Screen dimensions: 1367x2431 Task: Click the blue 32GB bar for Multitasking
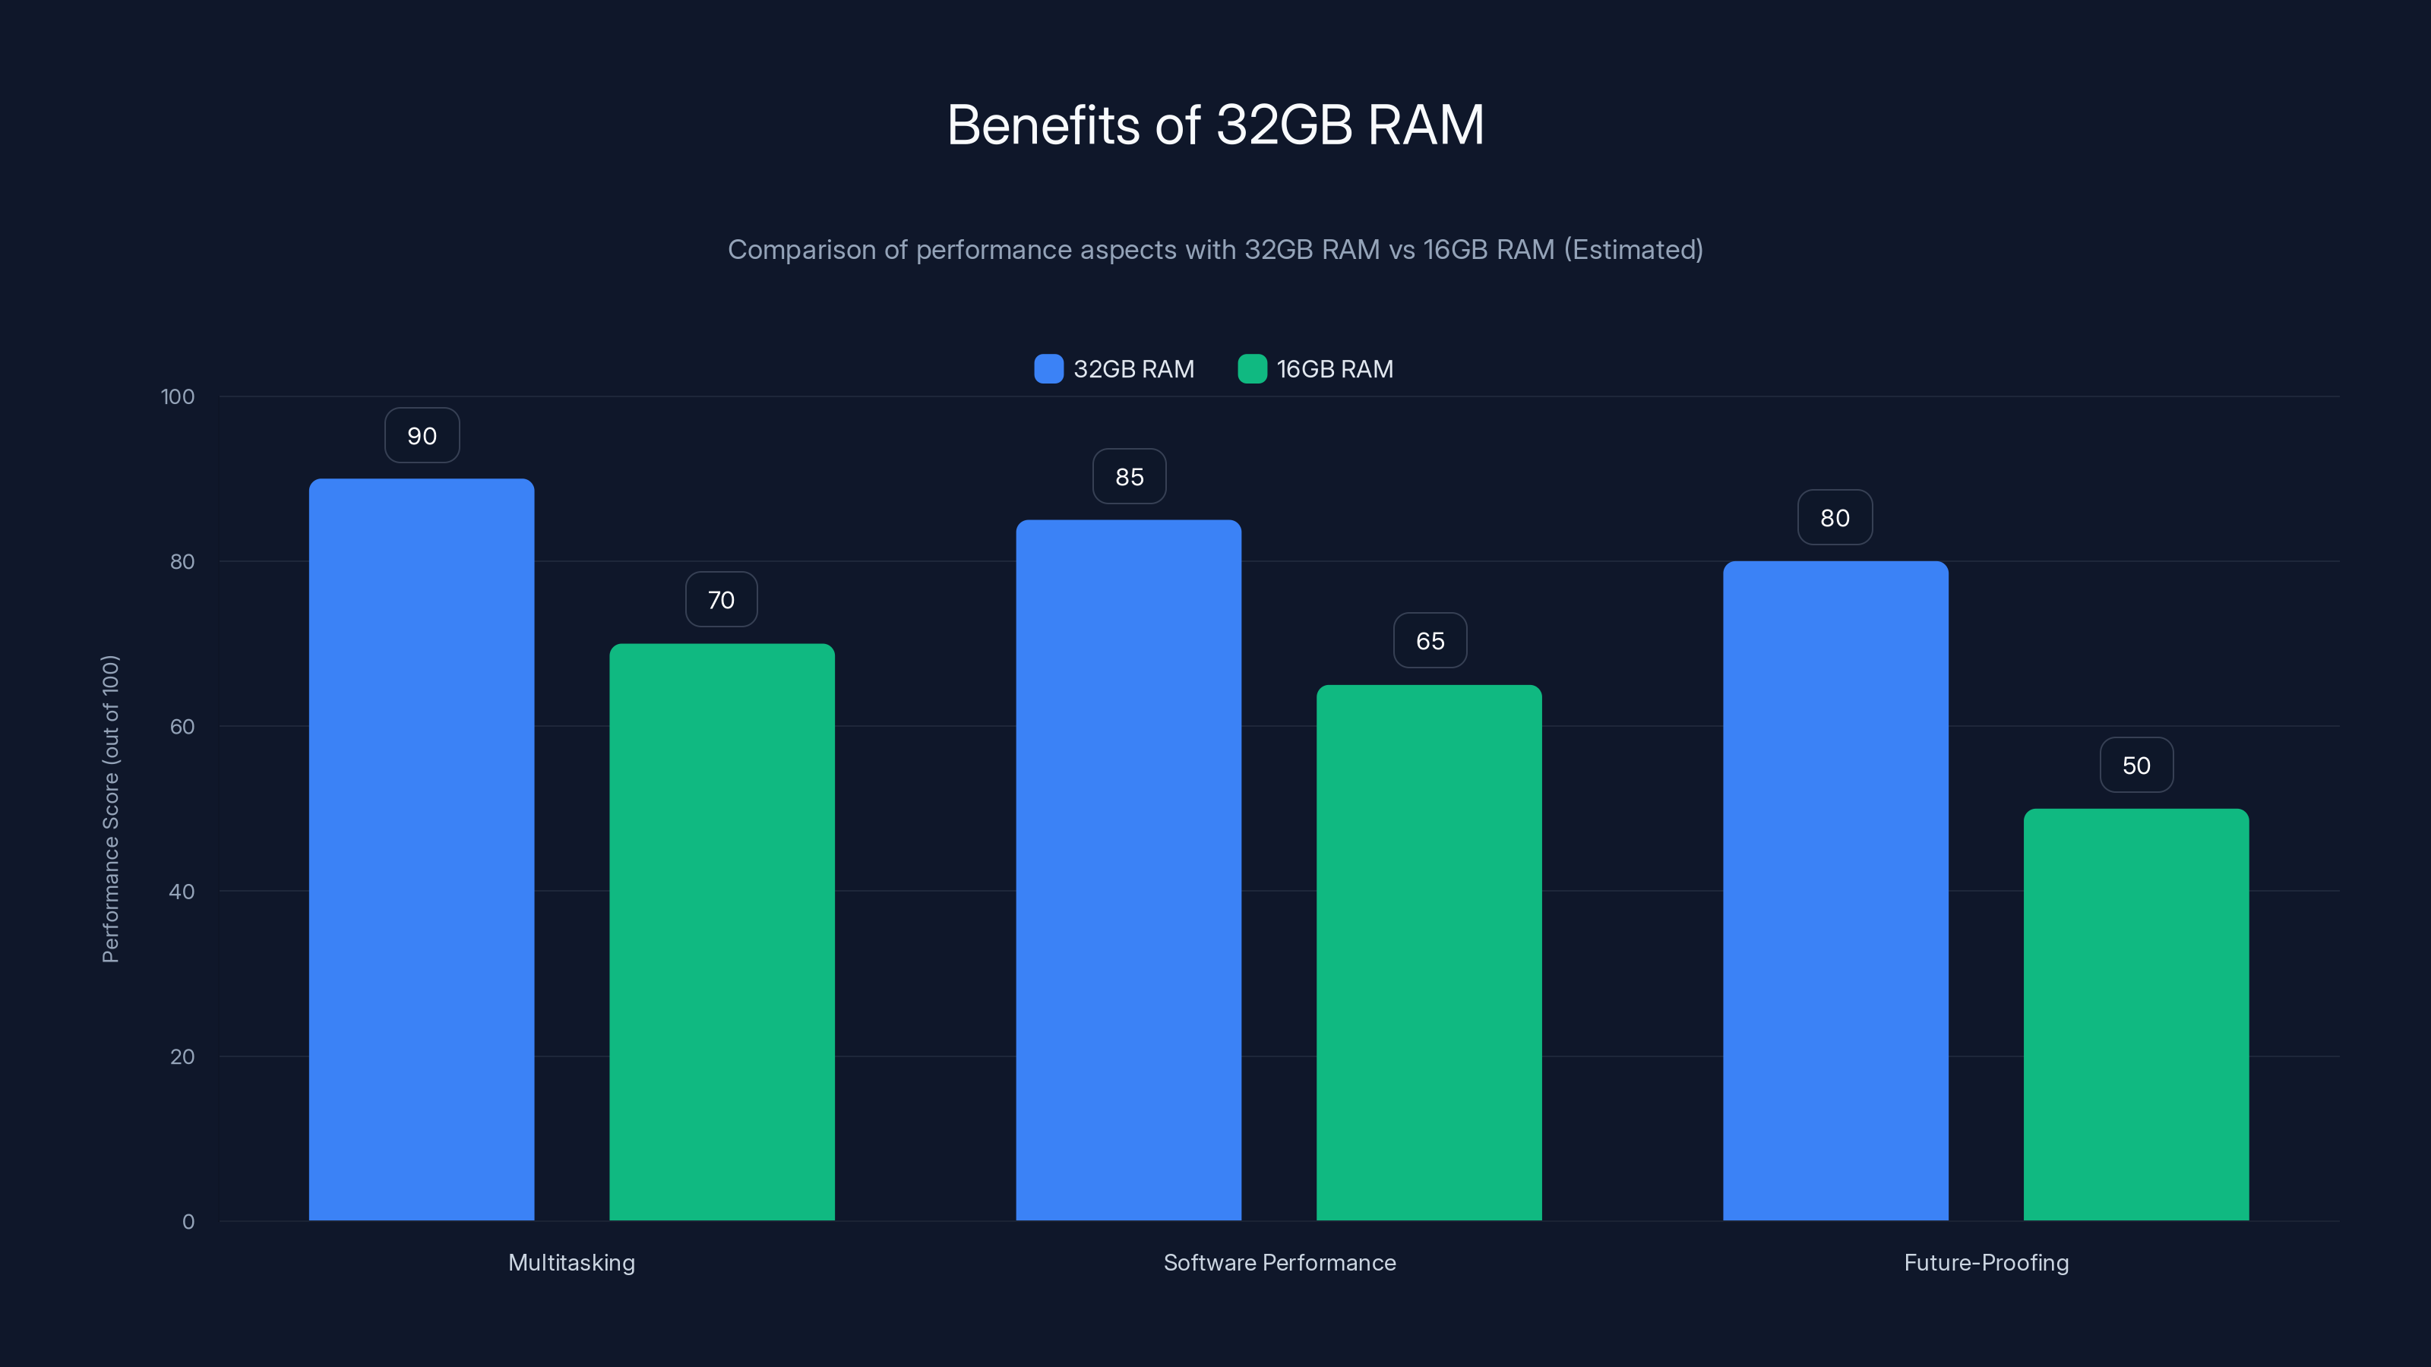[421, 849]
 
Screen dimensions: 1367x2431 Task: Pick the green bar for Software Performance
[1429, 953]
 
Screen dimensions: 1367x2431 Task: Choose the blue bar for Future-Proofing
[1835, 891]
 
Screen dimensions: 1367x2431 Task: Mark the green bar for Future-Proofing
[2135, 1014]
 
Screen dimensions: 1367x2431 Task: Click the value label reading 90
[422, 436]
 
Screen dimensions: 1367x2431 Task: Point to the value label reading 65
[1430, 640]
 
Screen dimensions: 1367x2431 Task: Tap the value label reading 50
[2135, 765]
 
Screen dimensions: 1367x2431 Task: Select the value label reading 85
[1129, 476]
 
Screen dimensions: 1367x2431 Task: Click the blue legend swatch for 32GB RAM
[1048, 369]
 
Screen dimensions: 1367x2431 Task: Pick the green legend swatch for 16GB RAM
[1251, 369]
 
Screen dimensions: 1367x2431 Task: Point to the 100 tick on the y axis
[178, 396]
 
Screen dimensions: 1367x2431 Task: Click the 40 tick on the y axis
[182, 892]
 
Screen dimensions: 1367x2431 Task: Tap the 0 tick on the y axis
[188, 1222]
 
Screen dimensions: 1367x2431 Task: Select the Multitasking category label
[571, 1262]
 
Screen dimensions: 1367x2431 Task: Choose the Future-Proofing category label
[1986, 1262]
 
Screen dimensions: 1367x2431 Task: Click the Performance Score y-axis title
[110, 809]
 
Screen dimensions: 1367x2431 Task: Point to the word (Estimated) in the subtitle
[1633, 249]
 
